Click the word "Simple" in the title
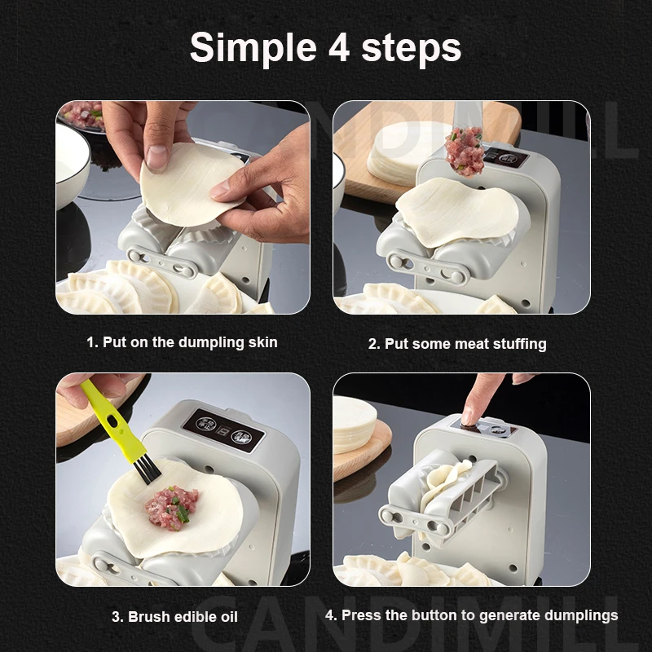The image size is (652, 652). [253, 48]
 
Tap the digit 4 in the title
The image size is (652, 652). [340, 47]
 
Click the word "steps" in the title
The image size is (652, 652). [412, 50]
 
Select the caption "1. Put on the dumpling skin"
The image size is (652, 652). [182, 342]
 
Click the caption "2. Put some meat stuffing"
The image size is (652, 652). [457, 344]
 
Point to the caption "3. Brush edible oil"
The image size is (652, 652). [174, 617]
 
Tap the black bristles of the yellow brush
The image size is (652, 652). [148, 470]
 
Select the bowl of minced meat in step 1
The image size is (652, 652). [81, 116]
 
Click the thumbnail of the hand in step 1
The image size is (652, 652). [157, 156]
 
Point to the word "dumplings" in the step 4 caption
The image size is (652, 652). [581, 616]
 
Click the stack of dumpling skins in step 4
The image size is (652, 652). [355, 425]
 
